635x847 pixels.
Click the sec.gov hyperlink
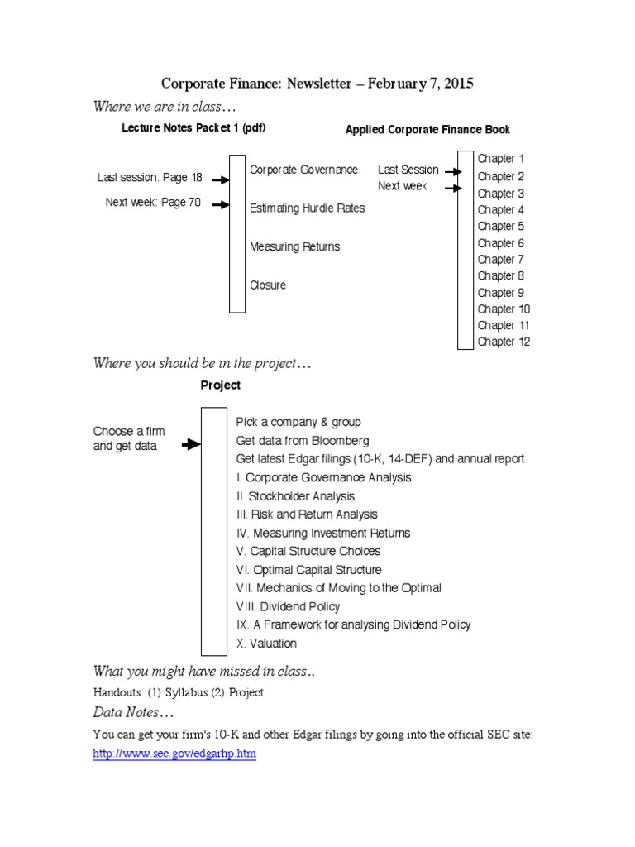(174, 755)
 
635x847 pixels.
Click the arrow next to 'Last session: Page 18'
(220, 179)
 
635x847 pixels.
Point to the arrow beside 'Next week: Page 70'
(220, 204)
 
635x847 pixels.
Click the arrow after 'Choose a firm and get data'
(191, 444)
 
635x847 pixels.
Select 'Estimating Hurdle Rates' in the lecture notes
(307, 208)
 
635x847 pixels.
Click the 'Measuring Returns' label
(294, 246)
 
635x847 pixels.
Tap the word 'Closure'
(268, 285)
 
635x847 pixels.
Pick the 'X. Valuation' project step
(266, 644)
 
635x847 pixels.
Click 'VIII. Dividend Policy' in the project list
(288, 606)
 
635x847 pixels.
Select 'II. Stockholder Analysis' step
(295, 496)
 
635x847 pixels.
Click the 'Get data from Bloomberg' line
(303, 441)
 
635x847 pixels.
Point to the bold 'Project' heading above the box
(221, 385)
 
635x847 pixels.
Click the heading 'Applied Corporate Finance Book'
(427, 130)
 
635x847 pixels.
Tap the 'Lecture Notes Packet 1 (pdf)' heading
(193, 128)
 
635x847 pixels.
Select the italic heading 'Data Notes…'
(133, 713)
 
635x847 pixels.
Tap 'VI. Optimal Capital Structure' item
(309, 570)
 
